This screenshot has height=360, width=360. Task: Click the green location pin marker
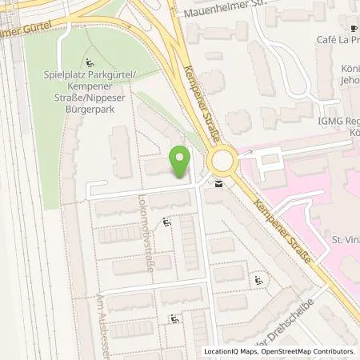(x=181, y=162)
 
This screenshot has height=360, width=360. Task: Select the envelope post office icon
(x=218, y=185)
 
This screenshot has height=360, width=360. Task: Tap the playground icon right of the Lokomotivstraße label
(x=166, y=223)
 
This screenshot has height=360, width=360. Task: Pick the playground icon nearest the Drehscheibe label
(x=258, y=280)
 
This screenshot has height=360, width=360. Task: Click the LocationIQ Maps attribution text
(x=232, y=352)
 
